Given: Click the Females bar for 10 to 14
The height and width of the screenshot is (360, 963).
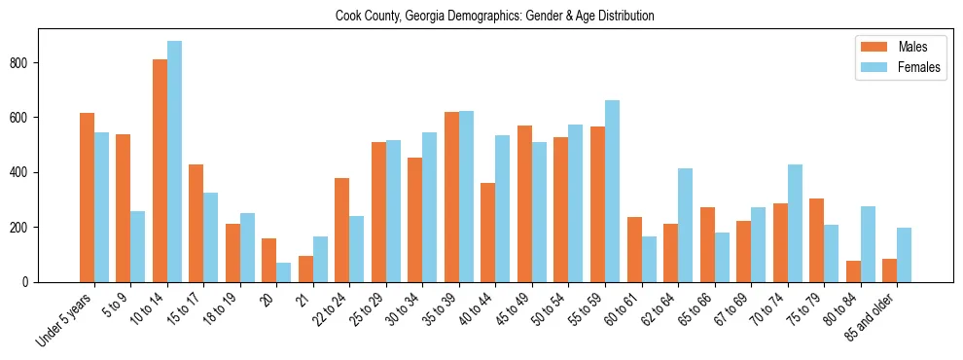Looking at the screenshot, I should tap(174, 162).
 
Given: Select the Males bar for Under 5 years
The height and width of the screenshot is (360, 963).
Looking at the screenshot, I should tap(87, 198).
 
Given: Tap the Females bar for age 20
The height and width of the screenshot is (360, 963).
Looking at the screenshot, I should tap(284, 272).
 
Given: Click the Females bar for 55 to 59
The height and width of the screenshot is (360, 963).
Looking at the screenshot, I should tap(612, 191).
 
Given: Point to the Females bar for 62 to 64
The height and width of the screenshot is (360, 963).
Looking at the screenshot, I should tap(685, 225).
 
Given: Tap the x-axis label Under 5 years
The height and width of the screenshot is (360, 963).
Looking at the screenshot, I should tap(65, 316).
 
